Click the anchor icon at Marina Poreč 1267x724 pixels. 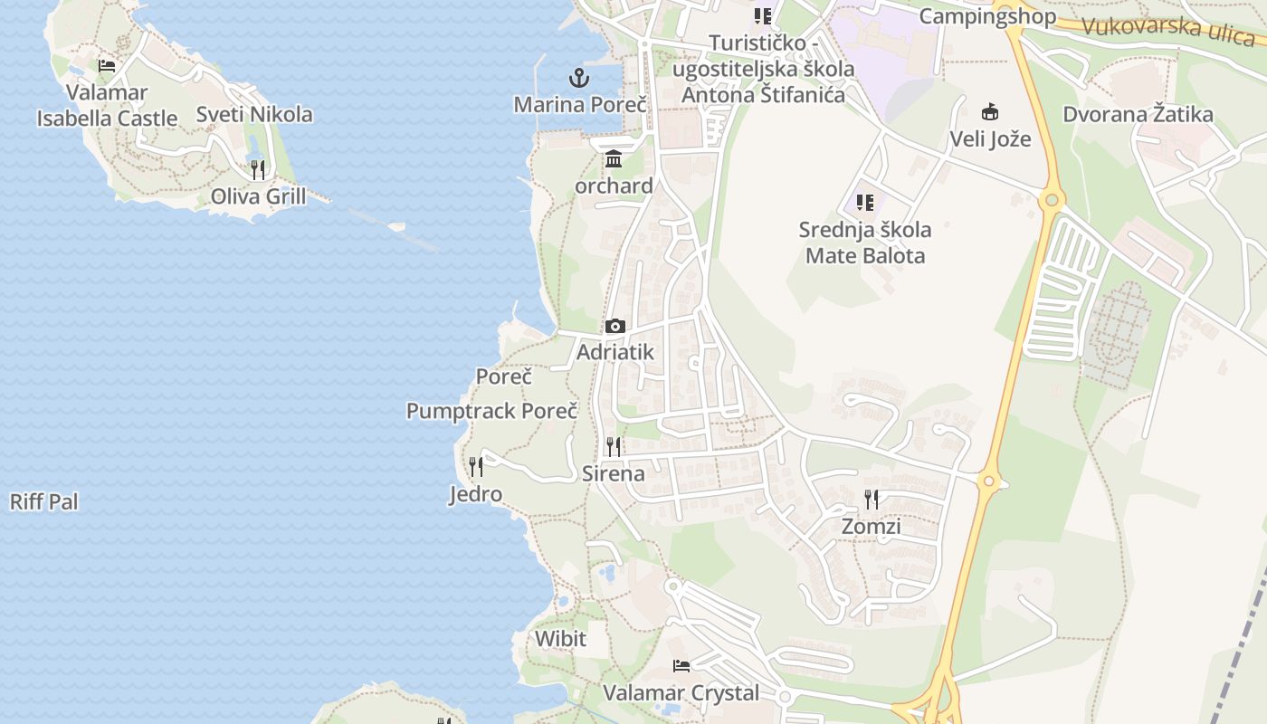tap(579, 77)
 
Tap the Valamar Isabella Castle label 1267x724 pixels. tap(107, 105)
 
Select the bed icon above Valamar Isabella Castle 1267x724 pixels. tap(107, 66)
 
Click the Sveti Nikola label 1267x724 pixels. tap(254, 114)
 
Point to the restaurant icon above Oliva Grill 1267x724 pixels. tap(258, 169)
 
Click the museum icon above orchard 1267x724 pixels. tap(614, 158)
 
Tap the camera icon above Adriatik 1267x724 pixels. tap(615, 326)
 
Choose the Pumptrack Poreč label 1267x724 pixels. tap(491, 411)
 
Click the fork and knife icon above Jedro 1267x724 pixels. tap(476, 467)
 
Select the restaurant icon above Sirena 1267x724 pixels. tap(614, 446)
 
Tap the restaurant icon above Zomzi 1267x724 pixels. tap(872, 500)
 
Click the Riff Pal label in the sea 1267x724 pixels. tap(44, 501)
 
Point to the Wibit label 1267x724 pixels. tap(560, 639)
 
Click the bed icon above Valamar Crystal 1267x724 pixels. tap(681, 666)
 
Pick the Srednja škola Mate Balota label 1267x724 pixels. tap(865, 243)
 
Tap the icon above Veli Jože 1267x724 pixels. tap(990, 112)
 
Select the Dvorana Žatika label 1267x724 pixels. tap(1138, 114)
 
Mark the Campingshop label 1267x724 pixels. tap(987, 16)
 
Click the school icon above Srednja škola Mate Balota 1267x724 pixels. tap(865, 202)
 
